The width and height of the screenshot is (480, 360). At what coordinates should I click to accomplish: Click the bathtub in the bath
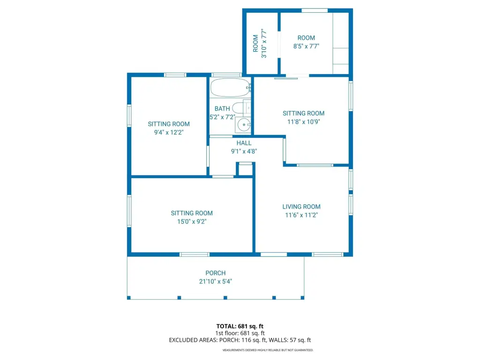231,88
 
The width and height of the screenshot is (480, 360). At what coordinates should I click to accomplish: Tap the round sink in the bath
244,125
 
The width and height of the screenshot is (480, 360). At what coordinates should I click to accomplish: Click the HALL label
244,143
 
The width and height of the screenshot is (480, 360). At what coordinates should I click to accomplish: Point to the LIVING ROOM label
301,207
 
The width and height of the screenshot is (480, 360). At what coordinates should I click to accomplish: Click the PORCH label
216,273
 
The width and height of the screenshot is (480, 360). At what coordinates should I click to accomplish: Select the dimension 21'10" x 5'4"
216,281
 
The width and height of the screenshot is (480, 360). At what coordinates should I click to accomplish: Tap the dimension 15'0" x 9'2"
192,221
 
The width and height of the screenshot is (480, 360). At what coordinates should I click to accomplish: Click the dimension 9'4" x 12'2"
169,132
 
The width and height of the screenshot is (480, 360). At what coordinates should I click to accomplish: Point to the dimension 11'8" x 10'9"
304,121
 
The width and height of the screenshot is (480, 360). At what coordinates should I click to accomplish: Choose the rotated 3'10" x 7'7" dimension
264,44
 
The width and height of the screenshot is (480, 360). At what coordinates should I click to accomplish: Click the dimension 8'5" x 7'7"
307,46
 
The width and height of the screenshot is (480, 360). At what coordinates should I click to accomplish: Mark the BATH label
222,109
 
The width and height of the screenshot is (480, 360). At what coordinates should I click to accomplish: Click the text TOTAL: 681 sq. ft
240,326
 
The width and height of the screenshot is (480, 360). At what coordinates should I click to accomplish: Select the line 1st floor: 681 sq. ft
240,333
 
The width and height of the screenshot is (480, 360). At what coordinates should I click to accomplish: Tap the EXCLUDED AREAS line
240,340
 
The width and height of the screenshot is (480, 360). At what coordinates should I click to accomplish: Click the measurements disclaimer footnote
268,350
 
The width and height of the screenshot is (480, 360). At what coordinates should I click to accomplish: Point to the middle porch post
225,298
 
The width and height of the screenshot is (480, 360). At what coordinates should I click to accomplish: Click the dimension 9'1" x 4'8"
244,151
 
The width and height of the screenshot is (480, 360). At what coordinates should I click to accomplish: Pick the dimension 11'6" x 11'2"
301,215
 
